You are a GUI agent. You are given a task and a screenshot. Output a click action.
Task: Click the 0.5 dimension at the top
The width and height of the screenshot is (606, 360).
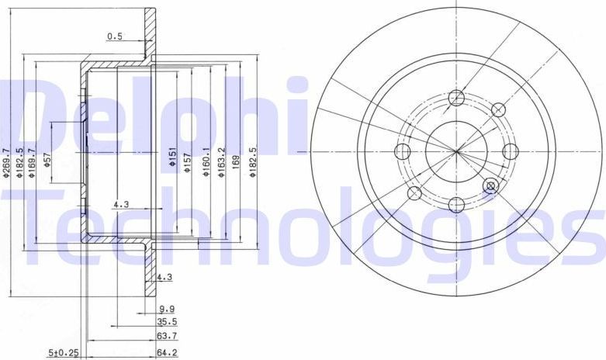click(115, 36)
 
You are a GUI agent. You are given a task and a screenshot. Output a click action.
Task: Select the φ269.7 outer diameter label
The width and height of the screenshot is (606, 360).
click(6, 162)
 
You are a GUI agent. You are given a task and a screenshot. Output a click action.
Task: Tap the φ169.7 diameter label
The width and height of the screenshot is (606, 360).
click(32, 162)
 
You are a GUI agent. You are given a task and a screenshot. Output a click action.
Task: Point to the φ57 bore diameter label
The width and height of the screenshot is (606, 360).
click(47, 161)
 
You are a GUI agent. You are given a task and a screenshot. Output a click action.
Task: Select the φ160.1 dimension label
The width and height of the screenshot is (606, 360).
click(206, 162)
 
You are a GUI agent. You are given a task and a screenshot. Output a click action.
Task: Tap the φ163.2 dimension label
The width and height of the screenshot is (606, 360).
click(221, 162)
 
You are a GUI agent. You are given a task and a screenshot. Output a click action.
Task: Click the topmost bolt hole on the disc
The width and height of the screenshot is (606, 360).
click(456, 98)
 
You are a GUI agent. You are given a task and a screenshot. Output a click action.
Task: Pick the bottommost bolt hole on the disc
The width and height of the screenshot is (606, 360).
click(456, 204)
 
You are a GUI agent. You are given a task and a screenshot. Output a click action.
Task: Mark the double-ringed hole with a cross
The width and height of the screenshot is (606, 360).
click(490, 185)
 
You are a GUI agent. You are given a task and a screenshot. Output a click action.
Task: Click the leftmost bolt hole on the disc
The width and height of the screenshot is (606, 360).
click(403, 151)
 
